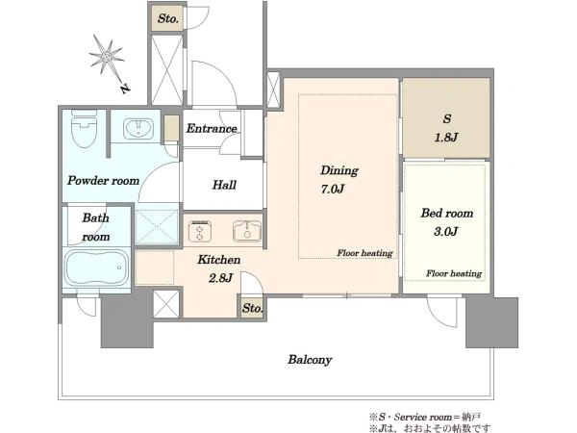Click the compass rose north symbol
(107, 57)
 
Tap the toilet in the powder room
(85, 128)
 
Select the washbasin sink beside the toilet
(138, 129)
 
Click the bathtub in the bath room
(97, 267)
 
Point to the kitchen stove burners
(200, 232)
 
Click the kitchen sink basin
(247, 231)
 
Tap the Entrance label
(212, 129)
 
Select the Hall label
(224, 185)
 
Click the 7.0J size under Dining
(333, 190)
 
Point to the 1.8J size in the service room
(446, 138)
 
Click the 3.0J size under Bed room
(446, 232)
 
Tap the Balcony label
(310, 360)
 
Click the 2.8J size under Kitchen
(220, 278)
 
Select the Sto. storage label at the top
(168, 18)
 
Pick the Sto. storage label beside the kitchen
(252, 308)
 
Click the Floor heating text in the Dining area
(364, 253)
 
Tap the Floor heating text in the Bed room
(454, 273)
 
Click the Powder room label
(104, 181)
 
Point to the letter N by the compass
(125, 89)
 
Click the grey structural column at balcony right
(492, 322)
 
